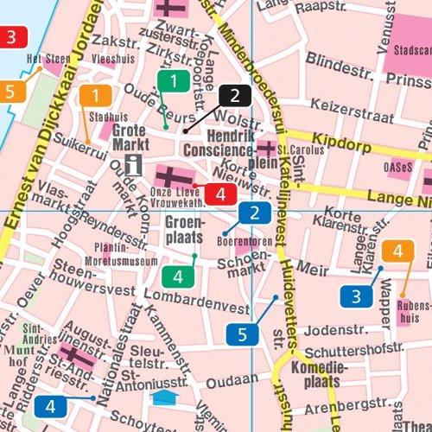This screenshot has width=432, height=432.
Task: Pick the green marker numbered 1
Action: (174, 82)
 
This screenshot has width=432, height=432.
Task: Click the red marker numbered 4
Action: (221, 193)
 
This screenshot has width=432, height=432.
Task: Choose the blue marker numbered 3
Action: (356, 296)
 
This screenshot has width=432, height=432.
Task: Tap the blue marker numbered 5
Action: (243, 333)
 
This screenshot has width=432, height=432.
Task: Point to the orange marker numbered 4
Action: (397, 251)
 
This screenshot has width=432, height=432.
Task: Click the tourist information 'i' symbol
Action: (133, 164)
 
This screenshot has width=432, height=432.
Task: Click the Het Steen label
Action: (47, 60)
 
